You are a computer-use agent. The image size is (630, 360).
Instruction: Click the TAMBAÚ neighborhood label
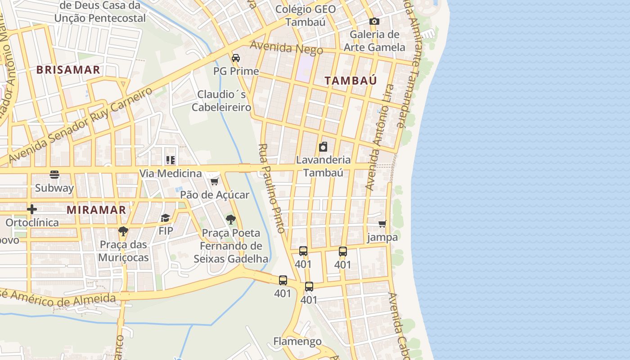point(351,81)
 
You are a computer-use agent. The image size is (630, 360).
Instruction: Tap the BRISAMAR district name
point(68,70)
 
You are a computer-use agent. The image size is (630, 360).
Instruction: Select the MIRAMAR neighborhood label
point(96,210)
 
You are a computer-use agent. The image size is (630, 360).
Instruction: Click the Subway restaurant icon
point(54,174)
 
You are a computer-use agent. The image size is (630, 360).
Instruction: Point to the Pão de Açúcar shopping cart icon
point(214,181)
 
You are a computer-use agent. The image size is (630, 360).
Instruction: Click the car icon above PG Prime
point(236,58)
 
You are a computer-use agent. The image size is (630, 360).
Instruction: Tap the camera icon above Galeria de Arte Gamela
point(374,21)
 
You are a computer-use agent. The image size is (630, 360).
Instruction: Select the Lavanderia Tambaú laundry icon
point(323,147)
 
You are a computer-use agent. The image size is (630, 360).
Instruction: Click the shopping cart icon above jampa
point(382,224)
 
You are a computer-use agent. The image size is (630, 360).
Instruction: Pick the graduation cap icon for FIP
point(166,218)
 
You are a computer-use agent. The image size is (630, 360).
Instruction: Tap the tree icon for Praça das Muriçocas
point(123,231)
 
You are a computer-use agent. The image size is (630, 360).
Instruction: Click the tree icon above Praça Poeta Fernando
point(231,220)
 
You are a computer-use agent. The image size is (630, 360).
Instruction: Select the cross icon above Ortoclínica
point(32,209)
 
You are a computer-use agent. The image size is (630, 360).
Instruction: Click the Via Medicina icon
point(170,160)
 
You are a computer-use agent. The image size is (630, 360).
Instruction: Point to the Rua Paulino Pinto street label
point(272,188)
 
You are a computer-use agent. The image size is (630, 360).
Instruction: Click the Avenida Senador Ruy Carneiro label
point(81,125)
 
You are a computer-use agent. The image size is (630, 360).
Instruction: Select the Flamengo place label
point(297,341)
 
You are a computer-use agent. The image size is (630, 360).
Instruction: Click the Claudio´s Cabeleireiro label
point(221,101)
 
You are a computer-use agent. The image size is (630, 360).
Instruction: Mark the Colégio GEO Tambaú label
point(305,15)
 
